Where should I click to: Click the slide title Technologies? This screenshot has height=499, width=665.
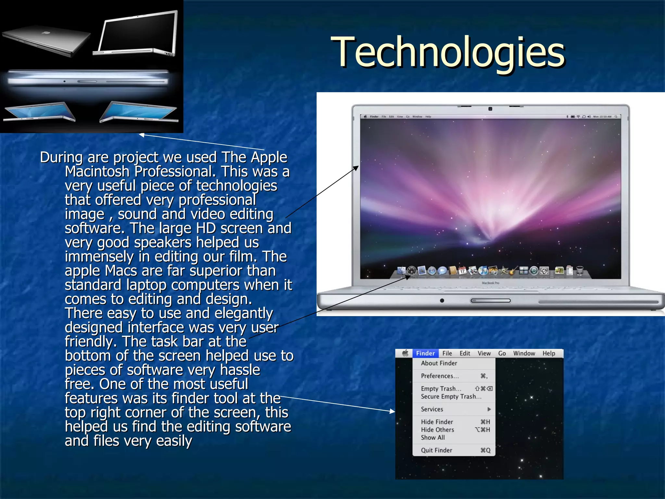coord(448,53)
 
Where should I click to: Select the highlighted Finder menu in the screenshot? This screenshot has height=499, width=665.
coord(425,353)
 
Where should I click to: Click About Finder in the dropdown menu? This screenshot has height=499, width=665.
coord(439,363)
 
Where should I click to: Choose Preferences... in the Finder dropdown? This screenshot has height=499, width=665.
coord(440,376)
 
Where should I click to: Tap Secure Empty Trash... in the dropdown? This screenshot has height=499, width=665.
coord(451,397)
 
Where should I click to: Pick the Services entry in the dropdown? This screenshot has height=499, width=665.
coord(432,409)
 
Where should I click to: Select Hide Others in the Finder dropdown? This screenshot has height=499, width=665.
coord(437,430)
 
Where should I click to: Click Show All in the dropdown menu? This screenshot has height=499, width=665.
coord(433,438)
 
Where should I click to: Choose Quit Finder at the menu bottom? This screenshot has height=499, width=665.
coord(436,450)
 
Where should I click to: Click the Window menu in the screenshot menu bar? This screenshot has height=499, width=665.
coord(524,353)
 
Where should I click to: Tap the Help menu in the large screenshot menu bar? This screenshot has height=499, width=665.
coord(549,353)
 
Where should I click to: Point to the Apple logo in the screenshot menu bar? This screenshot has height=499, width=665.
coord(405,353)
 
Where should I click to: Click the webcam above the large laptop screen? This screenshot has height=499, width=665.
coord(490,109)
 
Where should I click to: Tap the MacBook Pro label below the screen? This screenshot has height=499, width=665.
coord(490,283)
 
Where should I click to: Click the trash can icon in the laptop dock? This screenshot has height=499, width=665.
coord(580,270)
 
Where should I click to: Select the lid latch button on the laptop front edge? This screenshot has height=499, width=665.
coord(490,301)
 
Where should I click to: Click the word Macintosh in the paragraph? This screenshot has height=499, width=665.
coord(97,172)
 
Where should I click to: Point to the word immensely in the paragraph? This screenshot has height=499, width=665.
coord(99,257)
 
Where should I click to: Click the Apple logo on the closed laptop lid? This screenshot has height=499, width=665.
coord(46,32)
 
